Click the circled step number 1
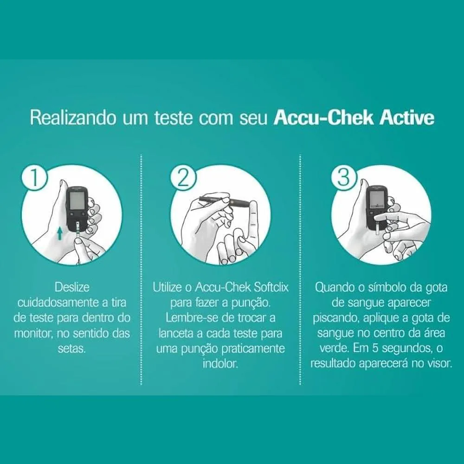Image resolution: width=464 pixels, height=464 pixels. pyautogui.click(x=34, y=178)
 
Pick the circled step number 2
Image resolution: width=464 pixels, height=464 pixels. pyautogui.click(x=183, y=178)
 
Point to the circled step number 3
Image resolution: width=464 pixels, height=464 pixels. pyautogui.click(x=343, y=178)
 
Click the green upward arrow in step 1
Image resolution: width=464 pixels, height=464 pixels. pyautogui.click(x=60, y=233)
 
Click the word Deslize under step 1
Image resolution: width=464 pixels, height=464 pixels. pyautogui.click(x=72, y=287)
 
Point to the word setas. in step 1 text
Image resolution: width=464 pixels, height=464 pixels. pyautogui.click(x=72, y=348)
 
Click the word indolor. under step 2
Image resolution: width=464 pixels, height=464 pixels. pyautogui.click(x=220, y=364)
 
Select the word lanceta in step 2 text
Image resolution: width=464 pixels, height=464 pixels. pyautogui.click(x=177, y=334)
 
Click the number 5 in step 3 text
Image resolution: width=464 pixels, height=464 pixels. pyautogui.click(x=376, y=348)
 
